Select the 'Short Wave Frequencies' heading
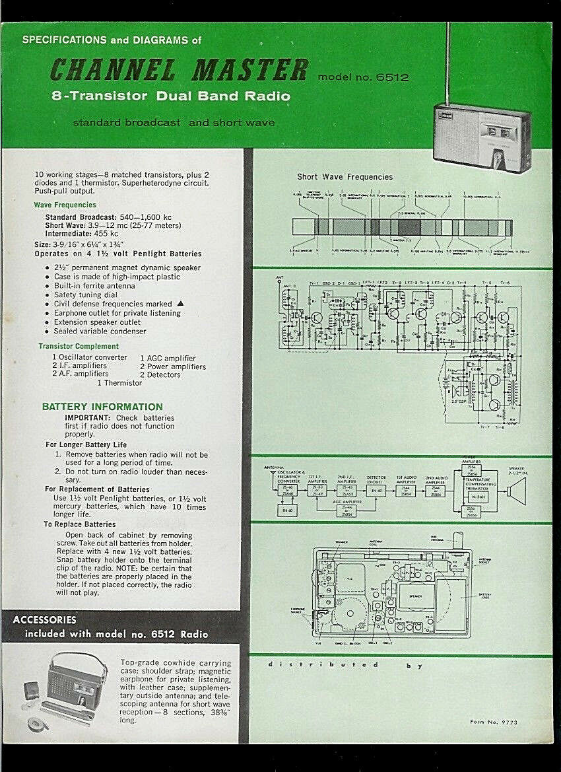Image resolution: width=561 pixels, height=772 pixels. click(x=345, y=177)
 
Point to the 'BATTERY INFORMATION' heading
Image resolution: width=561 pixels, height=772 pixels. click(x=102, y=407)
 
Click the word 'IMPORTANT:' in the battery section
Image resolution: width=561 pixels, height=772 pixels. click(x=88, y=418)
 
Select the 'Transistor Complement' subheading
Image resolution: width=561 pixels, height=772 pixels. click(x=79, y=346)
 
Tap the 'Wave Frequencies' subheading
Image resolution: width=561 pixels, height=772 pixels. click(x=65, y=205)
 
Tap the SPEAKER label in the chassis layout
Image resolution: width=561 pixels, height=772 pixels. click(x=415, y=595)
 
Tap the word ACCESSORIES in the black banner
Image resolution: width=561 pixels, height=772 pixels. click(x=45, y=620)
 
